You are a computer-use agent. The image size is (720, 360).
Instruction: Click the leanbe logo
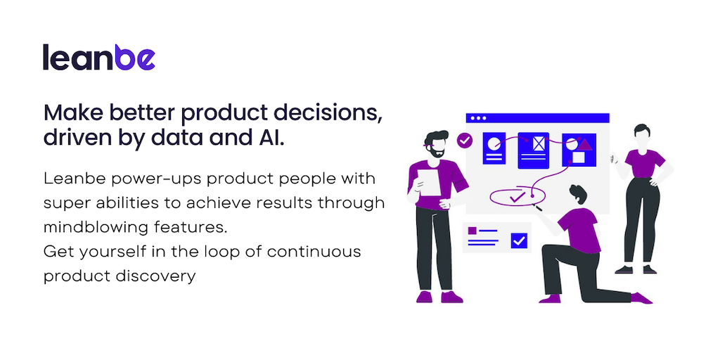[x=99, y=57]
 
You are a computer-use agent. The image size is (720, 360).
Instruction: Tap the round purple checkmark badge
[x=465, y=140]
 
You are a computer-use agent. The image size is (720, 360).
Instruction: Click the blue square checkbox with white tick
[x=519, y=240]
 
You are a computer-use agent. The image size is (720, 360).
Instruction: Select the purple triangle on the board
[x=584, y=144]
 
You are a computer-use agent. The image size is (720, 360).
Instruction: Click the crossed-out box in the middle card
[x=539, y=143]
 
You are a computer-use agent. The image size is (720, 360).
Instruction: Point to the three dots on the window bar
[x=478, y=118]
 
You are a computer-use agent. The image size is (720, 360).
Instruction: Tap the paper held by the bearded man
[x=428, y=182]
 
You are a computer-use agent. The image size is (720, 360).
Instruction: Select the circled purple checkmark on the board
[x=517, y=197]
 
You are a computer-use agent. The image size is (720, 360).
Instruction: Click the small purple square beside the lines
[x=472, y=231]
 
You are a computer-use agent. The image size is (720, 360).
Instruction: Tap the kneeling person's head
[x=578, y=194]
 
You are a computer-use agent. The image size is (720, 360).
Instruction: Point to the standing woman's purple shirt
[x=645, y=163]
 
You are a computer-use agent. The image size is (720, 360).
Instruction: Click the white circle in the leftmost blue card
[x=493, y=143]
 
